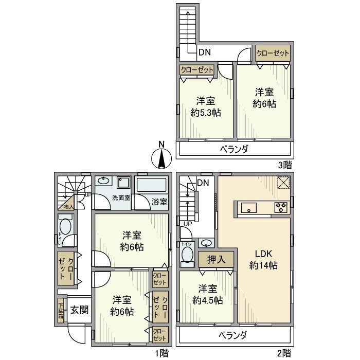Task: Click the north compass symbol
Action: coord(161,156)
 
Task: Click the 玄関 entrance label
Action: coord(79,310)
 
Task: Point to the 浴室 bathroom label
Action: coord(159,202)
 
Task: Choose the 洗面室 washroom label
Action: coord(121,198)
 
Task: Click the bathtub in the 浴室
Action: coord(152,185)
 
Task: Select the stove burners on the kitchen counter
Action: coord(281,208)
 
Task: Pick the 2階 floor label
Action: coord(284,353)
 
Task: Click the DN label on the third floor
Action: coord(205,51)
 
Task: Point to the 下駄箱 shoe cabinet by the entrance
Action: coord(61,310)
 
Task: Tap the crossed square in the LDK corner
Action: coord(283,183)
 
